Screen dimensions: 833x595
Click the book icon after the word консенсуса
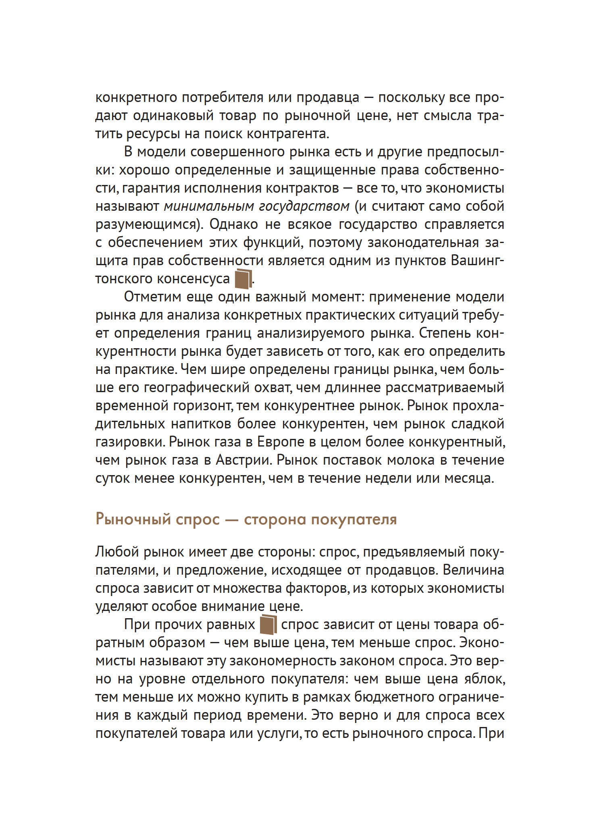(x=243, y=278)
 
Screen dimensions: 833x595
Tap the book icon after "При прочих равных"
(x=268, y=625)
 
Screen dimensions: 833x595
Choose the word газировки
(x=130, y=442)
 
